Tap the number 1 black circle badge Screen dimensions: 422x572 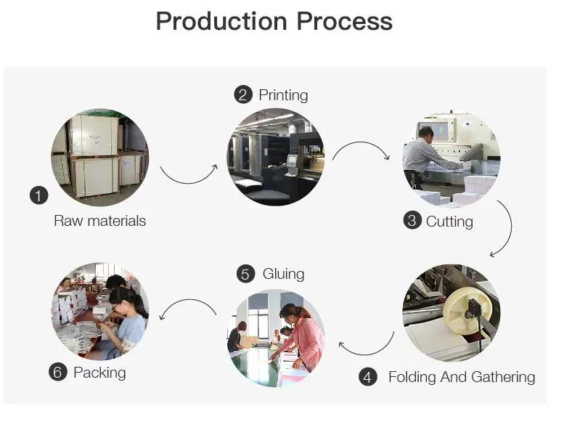pyautogui.click(x=38, y=195)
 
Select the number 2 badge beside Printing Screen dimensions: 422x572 pyautogui.click(x=242, y=95)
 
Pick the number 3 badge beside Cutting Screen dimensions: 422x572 pyautogui.click(x=412, y=221)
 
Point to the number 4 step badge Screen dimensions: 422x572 pyautogui.click(x=369, y=377)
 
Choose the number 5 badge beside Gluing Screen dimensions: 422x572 pyautogui.click(x=245, y=274)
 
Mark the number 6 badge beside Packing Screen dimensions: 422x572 pyautogui.click(x=58, y=373)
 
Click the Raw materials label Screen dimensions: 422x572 pyautogui.click(x=99, y=221)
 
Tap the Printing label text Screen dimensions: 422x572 pyautogui.click(x=283, y=95)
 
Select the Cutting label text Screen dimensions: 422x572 pyautogui.click(x=449, y=221)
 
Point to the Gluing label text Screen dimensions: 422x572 pyautogui.click(x=283, y=274)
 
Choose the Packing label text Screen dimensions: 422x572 pyautogui.click(x=99, y=373)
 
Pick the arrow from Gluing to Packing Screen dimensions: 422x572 pyautogui.click(x=187, y=308)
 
